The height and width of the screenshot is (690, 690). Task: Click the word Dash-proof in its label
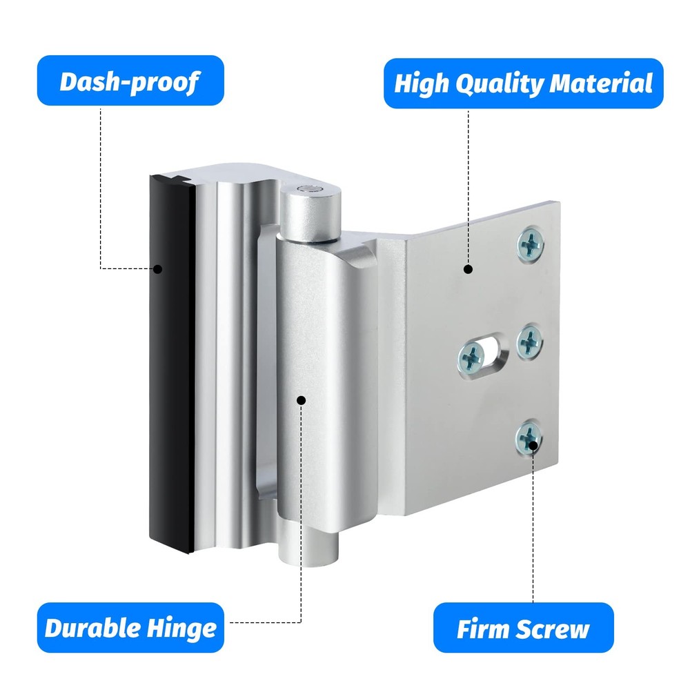coord(130,82)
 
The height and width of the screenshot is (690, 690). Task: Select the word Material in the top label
coord(601,83)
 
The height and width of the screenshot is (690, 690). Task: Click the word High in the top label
coord(422,84)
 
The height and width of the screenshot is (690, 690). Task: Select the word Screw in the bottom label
coord(553,629)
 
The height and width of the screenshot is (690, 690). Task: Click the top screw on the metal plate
coord(530,244)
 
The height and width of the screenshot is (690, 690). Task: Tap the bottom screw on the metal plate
coord(529,438)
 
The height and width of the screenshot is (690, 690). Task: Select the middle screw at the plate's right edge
coord(529,342)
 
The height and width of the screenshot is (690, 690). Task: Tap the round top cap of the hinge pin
coord(310,190)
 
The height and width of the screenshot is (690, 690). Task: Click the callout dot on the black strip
coord(157,269)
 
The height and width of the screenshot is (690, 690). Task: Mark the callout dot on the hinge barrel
coord(302,400)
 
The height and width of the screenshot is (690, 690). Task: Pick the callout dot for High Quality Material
coord(469,269)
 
